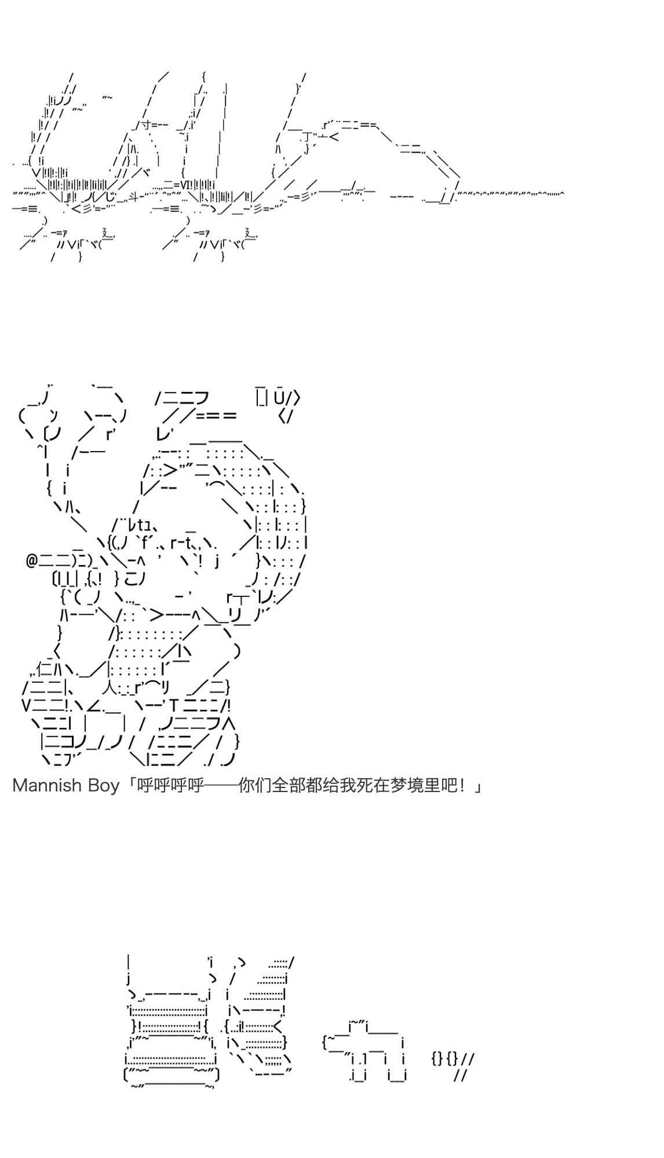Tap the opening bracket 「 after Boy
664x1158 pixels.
[129, 786]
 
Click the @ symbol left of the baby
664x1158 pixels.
[32, 560]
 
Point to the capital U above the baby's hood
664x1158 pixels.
[279, 398]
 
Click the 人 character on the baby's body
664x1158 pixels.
[110, 688]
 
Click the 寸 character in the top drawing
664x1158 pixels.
[145, 124]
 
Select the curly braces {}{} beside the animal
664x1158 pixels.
[445, 1059]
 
